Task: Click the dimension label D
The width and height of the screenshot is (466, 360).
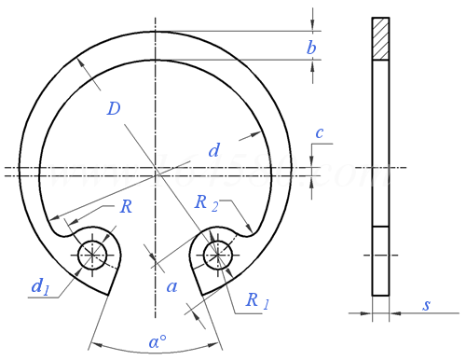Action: point(114,109)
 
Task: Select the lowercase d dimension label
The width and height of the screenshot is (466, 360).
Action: point(214,150)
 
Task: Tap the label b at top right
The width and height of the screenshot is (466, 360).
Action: point(311,48)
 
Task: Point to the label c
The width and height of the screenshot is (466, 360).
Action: point(320,133)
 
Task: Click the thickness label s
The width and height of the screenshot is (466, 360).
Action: point(427,305)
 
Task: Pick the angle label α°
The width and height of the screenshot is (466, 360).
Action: point(158,341)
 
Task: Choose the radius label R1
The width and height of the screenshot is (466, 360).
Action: point(257,300)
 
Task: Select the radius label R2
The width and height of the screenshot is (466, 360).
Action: point(207,203)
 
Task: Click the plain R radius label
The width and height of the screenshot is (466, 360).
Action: point(126,206)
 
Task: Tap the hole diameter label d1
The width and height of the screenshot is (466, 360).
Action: point(40,286)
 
